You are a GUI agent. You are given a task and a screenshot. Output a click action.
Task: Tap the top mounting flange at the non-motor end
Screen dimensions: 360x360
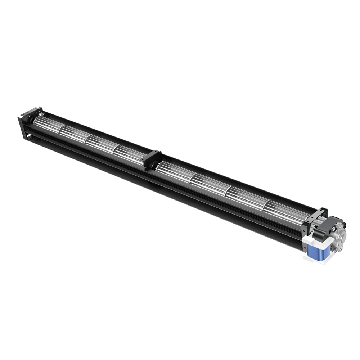(33, 111)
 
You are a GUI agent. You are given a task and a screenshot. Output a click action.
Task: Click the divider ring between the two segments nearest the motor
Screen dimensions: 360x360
(265, 204)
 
